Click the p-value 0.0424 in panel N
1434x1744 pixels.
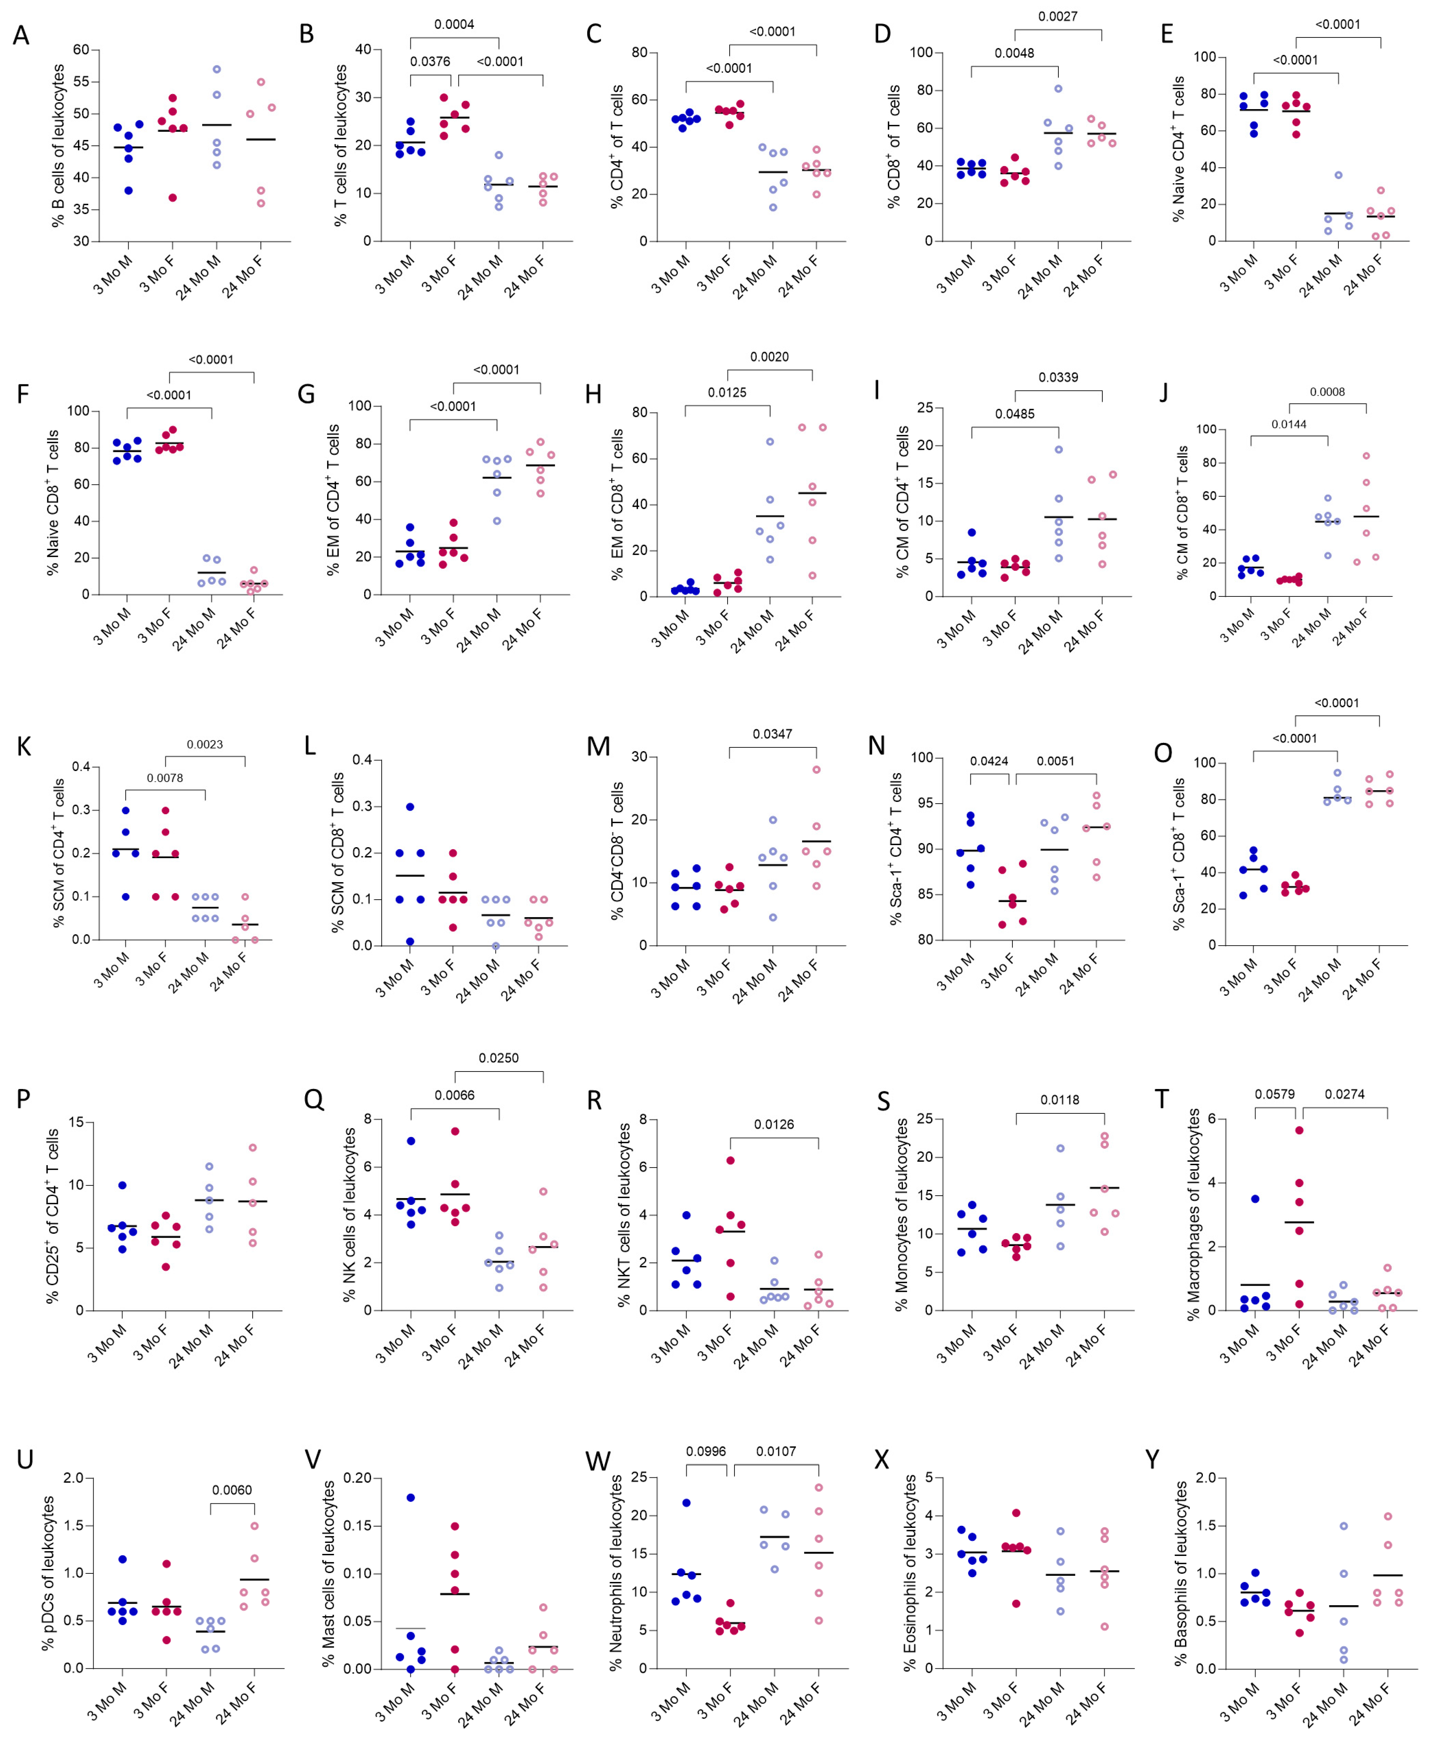tap(989, 761)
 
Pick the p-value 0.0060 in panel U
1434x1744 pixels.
tap(232, 1490)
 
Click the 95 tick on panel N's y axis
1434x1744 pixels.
tap(922, 803)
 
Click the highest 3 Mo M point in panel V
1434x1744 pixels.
tap(411, 1497)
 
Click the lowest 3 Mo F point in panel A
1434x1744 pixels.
tap(173, 197)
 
